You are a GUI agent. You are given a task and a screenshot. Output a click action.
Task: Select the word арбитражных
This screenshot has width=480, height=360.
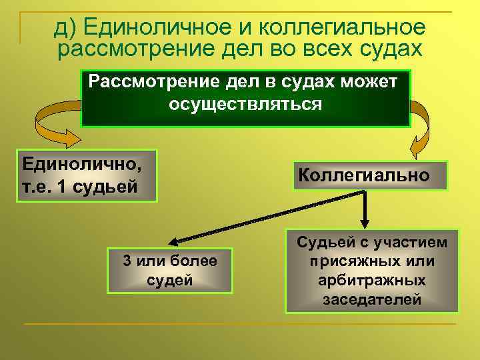pyautogui.click(x=371, y=281)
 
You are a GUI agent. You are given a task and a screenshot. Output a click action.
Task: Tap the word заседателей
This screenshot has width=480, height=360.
pyautogui.click(x=371, y=300)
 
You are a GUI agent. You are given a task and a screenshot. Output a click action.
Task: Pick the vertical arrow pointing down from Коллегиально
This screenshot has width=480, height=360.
pyautogui.click(x=365, y=210)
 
